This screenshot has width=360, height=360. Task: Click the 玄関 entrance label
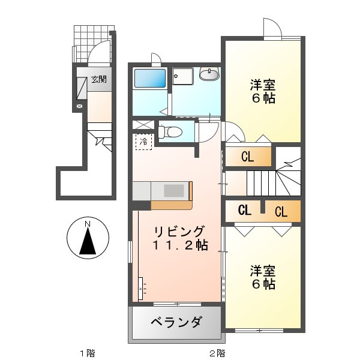point(99,79)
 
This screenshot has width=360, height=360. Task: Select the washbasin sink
point(209,74)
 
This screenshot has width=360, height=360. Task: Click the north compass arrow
point(88,242)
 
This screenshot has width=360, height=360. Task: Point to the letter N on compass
point(88,224)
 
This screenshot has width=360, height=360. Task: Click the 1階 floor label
point(88,353)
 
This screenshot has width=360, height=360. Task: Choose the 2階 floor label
point(217,353)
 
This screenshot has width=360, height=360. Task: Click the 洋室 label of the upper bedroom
point(263,85)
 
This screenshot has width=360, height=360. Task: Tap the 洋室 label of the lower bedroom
point(263,271)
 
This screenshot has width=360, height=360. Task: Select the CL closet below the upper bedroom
point(248,158)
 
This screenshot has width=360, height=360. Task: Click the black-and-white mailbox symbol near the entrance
point(79,107)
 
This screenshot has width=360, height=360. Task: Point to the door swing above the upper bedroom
point(271,28)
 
